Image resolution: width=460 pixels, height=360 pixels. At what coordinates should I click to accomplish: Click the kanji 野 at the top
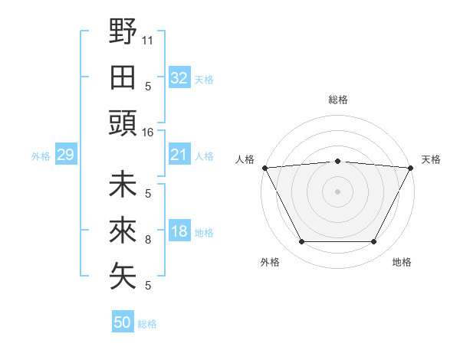click(123, 31)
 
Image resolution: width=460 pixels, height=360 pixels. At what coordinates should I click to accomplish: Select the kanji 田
click(123, 77)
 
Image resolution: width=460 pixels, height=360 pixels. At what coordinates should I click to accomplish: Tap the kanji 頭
click(123, 123)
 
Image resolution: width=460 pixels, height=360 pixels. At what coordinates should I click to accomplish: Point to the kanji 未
click(123, 185)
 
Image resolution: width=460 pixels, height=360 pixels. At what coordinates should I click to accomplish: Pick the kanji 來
click(123, 231)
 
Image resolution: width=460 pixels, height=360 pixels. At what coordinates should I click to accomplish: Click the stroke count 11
click(148, 39)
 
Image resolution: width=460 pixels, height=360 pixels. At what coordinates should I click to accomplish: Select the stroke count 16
click(148, 133)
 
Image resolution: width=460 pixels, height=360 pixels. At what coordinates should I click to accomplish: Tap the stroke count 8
click(148, 240)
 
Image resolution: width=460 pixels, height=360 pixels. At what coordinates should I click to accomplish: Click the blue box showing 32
click(179, 77)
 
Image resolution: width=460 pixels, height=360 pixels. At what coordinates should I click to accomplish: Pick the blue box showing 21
click(179, 155)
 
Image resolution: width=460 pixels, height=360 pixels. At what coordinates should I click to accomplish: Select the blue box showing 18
click(179, 232)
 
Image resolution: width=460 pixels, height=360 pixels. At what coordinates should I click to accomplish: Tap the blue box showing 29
click(65, 155)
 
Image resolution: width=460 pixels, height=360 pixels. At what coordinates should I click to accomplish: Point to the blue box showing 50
click(123, 322)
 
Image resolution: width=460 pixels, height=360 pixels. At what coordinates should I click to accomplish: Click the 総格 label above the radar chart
click(338, 100)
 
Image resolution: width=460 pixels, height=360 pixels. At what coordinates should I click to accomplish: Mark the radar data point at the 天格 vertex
click(411, 168)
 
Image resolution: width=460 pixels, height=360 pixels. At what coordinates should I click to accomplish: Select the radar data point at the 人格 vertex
click(264, 167)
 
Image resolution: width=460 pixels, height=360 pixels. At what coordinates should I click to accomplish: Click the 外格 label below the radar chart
click(270, 263)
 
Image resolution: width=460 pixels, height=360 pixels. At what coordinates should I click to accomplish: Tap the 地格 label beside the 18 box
click(205, 233)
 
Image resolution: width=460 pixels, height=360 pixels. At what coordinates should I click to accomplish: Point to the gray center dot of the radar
click(337, 191)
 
